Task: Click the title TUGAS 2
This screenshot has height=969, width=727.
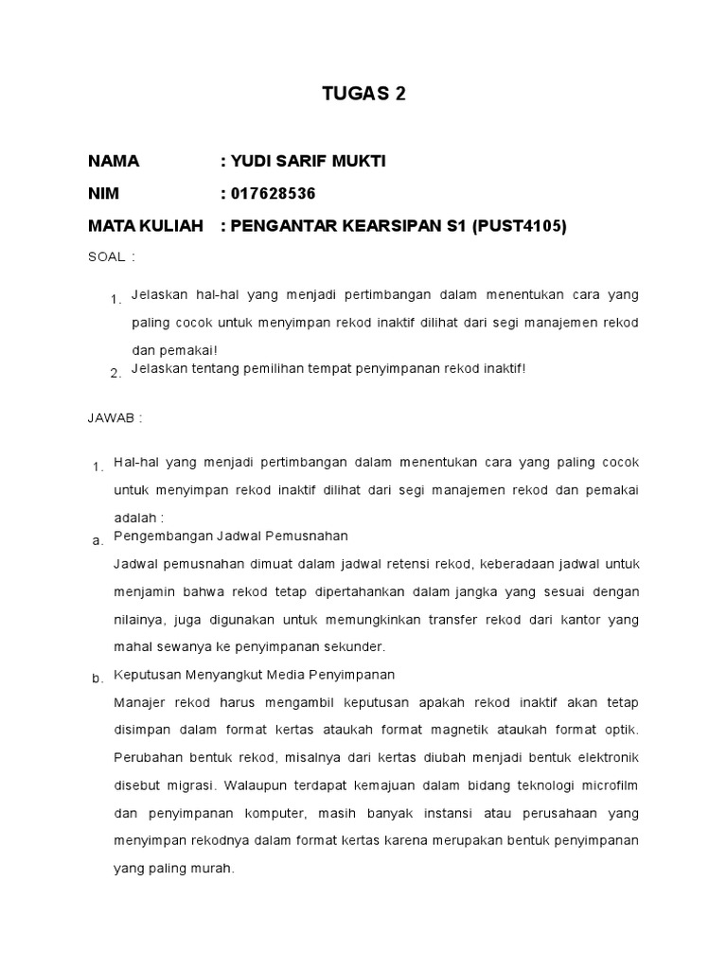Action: click(363, 94)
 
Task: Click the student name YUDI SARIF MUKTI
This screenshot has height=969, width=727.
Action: click(308, 161)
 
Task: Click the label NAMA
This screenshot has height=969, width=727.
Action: click(114, 161)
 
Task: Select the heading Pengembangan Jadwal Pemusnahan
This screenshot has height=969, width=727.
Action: click(231, 537)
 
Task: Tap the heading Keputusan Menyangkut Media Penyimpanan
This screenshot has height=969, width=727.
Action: click(254, 675)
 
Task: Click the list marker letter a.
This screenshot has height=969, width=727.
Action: click(97, 541)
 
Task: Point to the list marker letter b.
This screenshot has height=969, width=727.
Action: click(97, 679)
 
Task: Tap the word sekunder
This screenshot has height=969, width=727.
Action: click(357, 647)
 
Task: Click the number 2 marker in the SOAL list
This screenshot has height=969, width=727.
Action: click(115, 374)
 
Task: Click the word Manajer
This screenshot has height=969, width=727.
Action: click(138, 702)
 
